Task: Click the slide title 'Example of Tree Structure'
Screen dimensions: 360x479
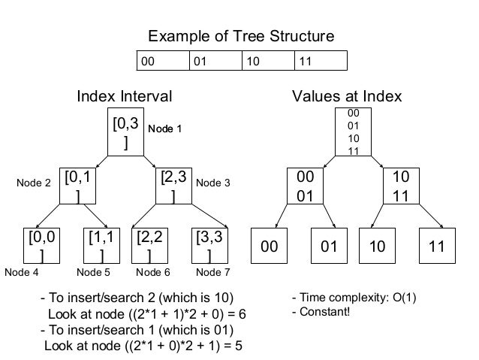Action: pyautogui.click(x=240, y=36)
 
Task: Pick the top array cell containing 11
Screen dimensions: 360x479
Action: pyautogui.click(x=321, y=60)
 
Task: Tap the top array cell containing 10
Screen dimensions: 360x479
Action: pyautogui.click(x=268, y=60)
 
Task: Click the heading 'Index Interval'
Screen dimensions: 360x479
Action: pyautogui.click(x=125, y=96)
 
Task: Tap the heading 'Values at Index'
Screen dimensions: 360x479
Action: pyautogui.click(x=347, y=96)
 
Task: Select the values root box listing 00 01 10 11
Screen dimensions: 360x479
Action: pyautogui.click(x=353, y=132)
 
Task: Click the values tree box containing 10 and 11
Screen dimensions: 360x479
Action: pyautogui.click(x=401, y=186)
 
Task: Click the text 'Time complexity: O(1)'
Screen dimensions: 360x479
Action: pyautogui.click(x=353, y=298)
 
